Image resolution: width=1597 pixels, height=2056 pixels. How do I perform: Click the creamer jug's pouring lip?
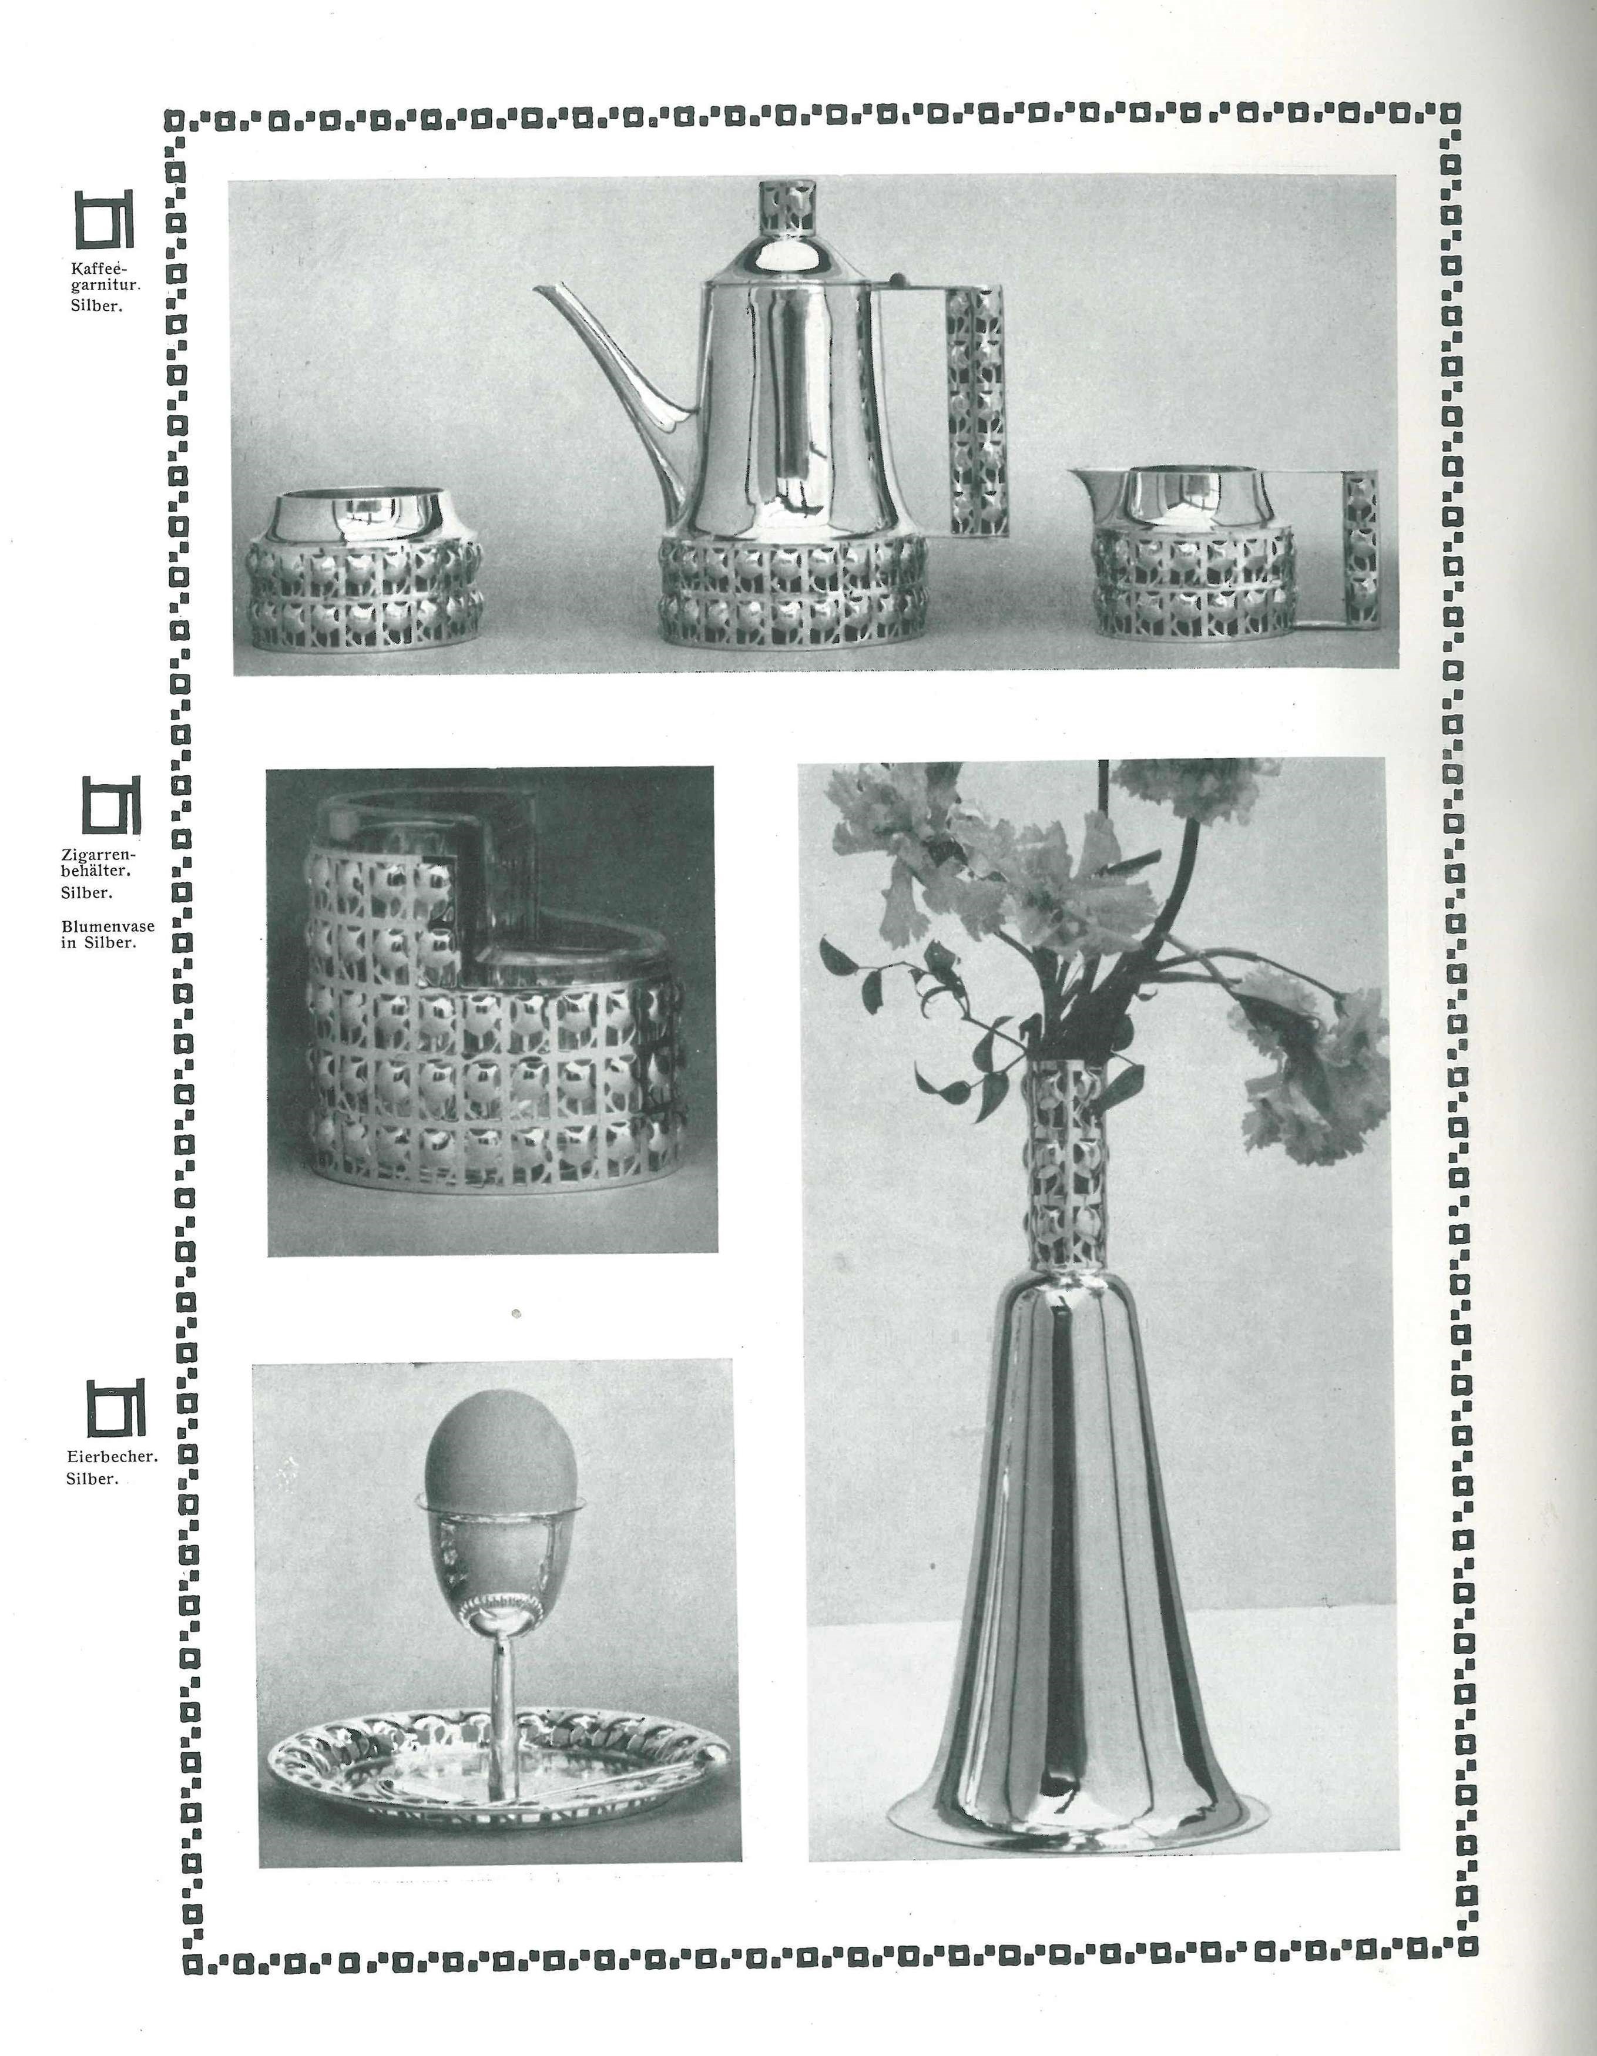(1083, 480)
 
